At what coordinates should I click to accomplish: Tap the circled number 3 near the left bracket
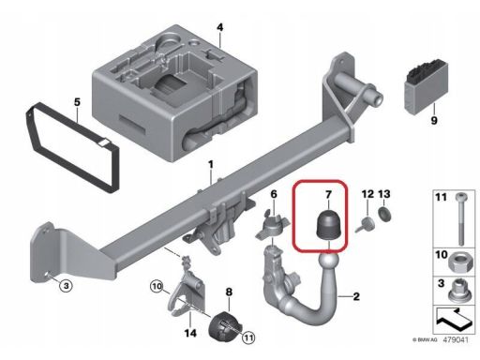pyautogui.click(x=66, y=286)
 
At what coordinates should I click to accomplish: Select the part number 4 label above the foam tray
pyautogui.click(x=220, y=27)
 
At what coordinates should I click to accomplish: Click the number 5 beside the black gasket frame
pyautogui.click(x=77, y=102)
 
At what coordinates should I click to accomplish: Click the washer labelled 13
pyautogui.click(x=384, y=214)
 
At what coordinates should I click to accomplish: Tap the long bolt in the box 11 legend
pyautogui.click(x=460, y=218)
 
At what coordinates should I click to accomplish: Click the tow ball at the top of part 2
pyautogui.click(x=328, y=262)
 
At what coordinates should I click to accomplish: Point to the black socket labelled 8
pyautogui.click(x=225, y=326)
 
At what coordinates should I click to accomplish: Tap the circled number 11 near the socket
pyautogui.click(x=248, y=337)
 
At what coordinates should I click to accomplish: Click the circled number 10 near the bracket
pyautogui.click(x=157, y=286)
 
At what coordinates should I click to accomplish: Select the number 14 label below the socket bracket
pyautogui.click(x=190, y=333)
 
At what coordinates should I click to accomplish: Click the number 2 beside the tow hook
pyautogui.click(x=356, y=296)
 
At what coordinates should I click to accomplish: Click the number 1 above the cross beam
pyautogui.click(x=211, y=164)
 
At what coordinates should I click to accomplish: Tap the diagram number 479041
pyautogui.click(x=456, y=339)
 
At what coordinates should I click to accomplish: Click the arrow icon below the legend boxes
pyautogui.click(x=453, y=320)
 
